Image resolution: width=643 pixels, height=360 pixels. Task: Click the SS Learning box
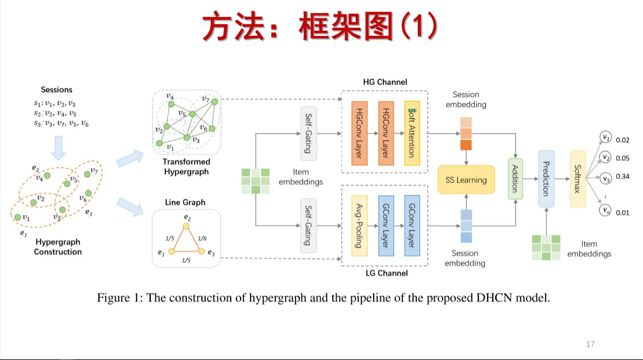pyautogui.click(x=466, y=180)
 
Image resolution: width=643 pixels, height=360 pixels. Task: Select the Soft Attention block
pyautogui.click(x=412, y=133)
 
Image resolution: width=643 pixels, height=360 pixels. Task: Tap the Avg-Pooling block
pyautogui.click(x=359, y=226)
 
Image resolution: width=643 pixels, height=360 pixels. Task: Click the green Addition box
pyautogui.click(x=515, y=179)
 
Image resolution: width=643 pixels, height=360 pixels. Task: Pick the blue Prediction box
pyautogui.click(x=546, y=179)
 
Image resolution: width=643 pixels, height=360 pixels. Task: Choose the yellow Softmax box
pyautogui.click(x=578, y=179)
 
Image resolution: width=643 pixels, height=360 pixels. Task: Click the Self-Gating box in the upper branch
pyautogui.click(x=308, y=133)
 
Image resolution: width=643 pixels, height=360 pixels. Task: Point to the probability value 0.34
pyautogui.click(x=622, y=176)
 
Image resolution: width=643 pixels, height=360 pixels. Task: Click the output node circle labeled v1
pyautogui.click(x=605, y=137)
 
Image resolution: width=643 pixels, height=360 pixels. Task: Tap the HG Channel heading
pyautogui.click(x=385, y=82)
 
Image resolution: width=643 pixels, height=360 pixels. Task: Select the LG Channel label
pyautogui.click(x=386, y=273)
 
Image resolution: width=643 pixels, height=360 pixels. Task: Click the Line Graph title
pyautogui.click(x=185, y=202)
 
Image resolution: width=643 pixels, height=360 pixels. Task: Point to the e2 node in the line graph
pyautogui.click(x=186, y=226)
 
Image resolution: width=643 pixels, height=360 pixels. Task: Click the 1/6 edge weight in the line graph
pyautogui.click(x=202, y=238)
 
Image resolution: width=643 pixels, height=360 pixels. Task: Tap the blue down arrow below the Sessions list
pyautogui.click(x=58, y=147)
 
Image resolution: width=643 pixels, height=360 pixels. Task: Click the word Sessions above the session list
pyautogui.click(x=57, y=90)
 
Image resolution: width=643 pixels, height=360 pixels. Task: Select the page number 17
pyautogui.click(x=590, y=344)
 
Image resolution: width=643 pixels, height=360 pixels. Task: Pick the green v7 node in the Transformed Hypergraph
pyautogui.click(x=214, y=102)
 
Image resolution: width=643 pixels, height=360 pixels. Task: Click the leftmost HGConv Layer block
pyautogui.click(x=359, y=133)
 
